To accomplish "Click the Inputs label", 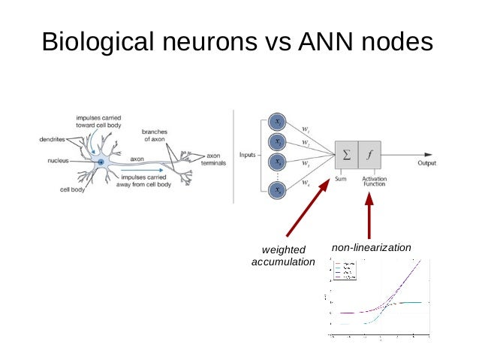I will [x=249, y=156].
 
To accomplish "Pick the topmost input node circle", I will [x=277, y=122].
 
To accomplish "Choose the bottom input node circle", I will [x=277, y=190].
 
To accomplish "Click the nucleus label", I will [x=55, y=160].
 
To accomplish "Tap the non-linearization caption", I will [x=371, y=247].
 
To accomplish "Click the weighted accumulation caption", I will [x=282, y=256].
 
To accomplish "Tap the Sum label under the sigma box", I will [x=340, y=178].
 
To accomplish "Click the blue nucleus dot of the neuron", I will [x=101, y=162].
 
